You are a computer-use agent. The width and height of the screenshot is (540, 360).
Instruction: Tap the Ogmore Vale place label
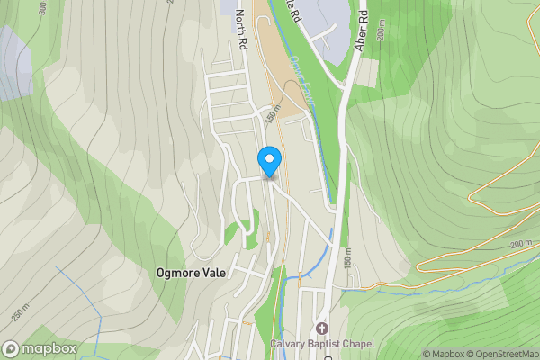click(190, 272)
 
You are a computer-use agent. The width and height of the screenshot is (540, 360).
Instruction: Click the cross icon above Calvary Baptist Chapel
click(322, 328)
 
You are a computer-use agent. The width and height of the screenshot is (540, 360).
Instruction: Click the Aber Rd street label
click(362, 31)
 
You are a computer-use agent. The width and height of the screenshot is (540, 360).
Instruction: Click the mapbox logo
click(39, 348)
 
